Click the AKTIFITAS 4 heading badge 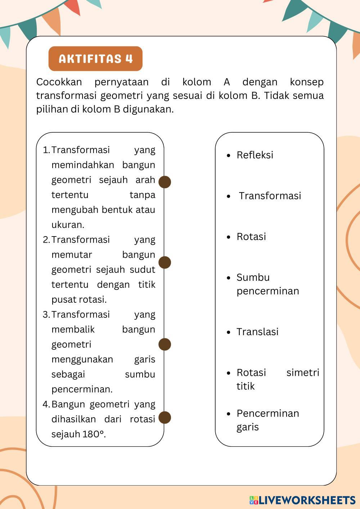click(95, 59)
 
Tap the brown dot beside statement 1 click(165, 182)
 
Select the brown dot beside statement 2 click(165, 262)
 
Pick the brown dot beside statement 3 click(165, 344)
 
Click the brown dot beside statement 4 click(165, 418)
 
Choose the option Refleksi click(255, 155)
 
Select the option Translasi click(257, 332)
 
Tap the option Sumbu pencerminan click(267, 284)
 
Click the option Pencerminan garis click(267, 420)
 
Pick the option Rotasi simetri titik click(277, 379)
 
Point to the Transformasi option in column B click(270, 196)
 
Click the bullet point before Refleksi click(229, 156)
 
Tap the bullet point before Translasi click(229, 332)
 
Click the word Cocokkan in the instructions click(59, 82)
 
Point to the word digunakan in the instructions click(148, 109)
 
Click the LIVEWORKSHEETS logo click(302, 500)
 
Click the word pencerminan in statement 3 click(82, 389)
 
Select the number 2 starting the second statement click(46, 240)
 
